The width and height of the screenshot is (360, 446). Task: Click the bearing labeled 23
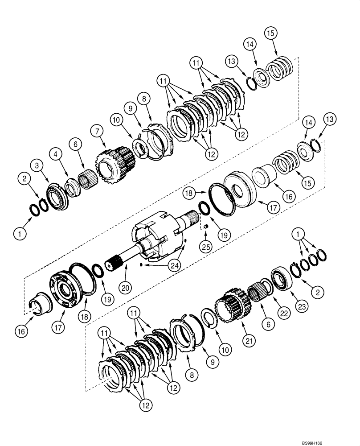click(x=279, y=278)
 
